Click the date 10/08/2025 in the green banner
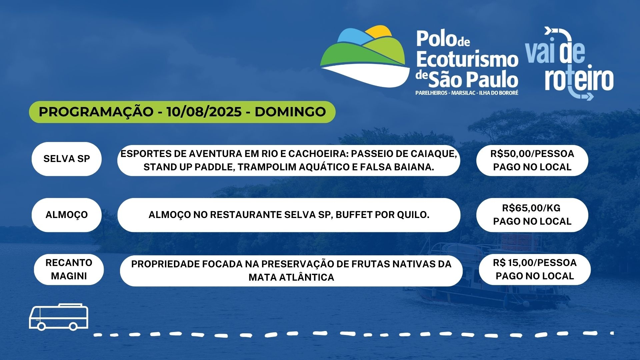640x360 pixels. click(x=204, y=112)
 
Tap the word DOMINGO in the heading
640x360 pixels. click(x=290, y=112)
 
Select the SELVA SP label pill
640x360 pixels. click(x=67, y=159)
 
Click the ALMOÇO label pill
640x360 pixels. click(x=67, y=215)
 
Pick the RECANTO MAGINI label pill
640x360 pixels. click(x=69, y=269)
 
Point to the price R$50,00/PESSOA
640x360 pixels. click(x=532, y=154)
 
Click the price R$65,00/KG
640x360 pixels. click(x=531, y=208)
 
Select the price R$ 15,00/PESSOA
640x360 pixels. click(x=535, y=263)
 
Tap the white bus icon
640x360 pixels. click(x=59, y=317)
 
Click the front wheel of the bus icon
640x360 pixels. click(x=41, y=326)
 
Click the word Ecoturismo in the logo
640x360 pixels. click(x=467, y=59)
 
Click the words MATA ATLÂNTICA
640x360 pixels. click(x=291, y=277)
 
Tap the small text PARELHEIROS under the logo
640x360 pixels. click(x=431, y=93)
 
